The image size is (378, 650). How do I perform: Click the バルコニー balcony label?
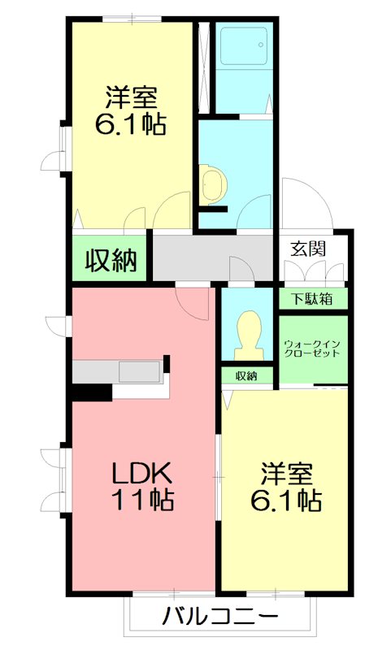(x=220, y=615)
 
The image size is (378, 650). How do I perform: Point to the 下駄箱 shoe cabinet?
(x=313, y=298)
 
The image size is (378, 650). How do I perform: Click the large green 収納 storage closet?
(x=111, y=261)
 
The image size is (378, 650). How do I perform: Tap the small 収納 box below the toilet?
(x=246, y=375)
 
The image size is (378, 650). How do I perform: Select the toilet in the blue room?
(x=246, y=335)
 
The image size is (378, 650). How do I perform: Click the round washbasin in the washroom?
(x=211, y=184)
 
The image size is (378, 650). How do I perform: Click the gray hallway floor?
(x=211, y=256)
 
